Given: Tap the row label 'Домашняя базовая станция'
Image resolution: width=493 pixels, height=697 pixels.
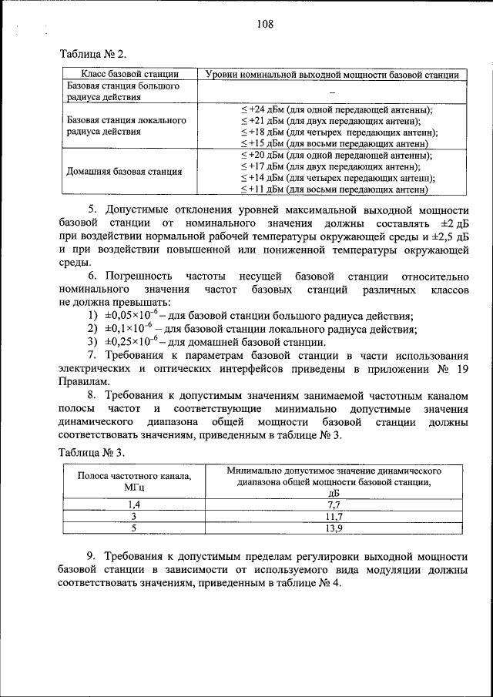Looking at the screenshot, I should point(125,171).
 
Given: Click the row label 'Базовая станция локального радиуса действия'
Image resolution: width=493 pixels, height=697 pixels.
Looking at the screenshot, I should point(126,126).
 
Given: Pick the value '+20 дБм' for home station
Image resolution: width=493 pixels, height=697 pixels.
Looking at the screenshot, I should point(263,155).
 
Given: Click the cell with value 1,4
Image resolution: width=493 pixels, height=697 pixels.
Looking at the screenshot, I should point(134,504).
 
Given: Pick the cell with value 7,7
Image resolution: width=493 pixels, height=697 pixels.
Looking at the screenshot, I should point(334,504).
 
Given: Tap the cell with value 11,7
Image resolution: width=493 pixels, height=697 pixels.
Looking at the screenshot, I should point(334,516).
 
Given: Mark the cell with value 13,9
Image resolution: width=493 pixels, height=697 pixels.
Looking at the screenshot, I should point(334,528).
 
